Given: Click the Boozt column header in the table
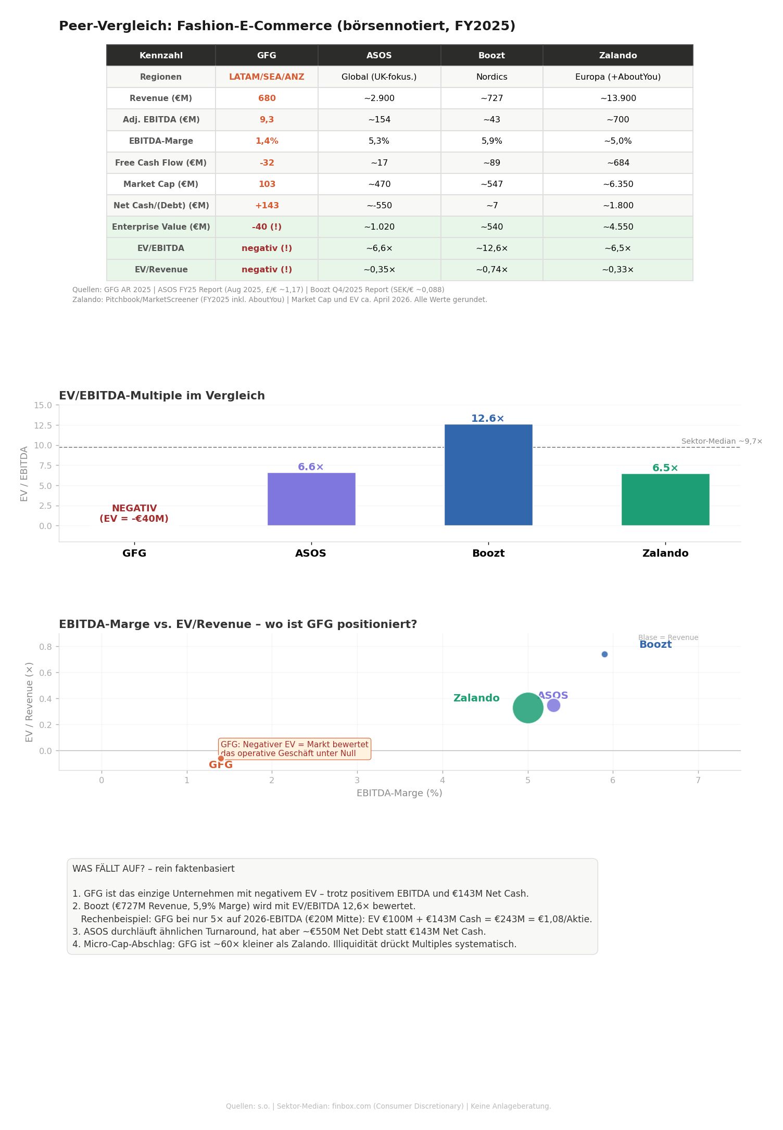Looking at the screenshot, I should click(491, 56).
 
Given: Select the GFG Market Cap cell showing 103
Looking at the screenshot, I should click(267, 184).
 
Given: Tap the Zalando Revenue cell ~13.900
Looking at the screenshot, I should click(617, 98).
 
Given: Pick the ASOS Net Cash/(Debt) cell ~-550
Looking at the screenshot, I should click(379, 206).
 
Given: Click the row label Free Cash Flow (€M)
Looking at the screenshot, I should click(161, 163).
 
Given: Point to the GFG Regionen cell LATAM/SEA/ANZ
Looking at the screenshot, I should click(267, 77).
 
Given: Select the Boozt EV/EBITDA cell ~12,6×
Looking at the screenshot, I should click(491, 248).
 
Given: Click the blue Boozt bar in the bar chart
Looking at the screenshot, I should click(488, 475).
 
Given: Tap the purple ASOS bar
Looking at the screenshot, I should click(311, 499).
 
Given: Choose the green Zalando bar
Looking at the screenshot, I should click(665, 499).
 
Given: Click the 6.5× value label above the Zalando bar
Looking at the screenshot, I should click(665, 468).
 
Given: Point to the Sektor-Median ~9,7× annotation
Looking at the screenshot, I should click(722, 442).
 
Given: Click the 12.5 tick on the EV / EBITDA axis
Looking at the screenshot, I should click(43, 425).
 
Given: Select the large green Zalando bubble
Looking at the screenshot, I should click(528, 708).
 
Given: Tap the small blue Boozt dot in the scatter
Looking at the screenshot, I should click(604, 654).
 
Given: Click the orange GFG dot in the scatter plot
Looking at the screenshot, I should click(221, 758).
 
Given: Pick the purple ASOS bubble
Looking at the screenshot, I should click(553, 705).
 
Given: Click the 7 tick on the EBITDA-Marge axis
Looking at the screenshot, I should click(698, 780).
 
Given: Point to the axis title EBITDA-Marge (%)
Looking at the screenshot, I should click(399, 793).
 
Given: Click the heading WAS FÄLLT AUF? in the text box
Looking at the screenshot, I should click(153, 869).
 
